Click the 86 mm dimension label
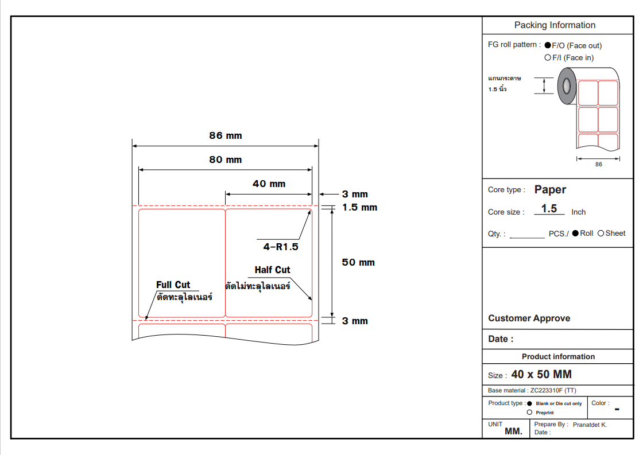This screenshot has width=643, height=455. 226,136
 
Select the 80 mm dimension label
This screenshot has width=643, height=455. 226,160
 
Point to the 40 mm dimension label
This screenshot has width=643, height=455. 269,184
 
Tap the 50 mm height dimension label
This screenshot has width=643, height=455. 358,262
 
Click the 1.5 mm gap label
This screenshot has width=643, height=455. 359,207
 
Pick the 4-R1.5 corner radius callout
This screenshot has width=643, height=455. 281,247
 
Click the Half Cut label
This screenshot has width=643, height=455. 272,270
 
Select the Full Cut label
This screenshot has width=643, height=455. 173,285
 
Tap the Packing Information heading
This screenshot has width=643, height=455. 555,25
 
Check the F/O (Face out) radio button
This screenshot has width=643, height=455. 548,45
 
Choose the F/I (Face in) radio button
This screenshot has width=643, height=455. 548,57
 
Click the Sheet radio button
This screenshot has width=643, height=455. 601,233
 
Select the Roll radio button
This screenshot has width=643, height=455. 575,233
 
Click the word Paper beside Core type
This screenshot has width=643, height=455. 550,189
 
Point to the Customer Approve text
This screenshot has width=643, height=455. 529,318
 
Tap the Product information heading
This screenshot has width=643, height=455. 558,356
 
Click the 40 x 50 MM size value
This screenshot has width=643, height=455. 541,375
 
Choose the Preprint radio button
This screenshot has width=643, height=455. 529,412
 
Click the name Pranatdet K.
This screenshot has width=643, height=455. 590,425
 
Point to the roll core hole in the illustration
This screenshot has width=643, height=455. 567,86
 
